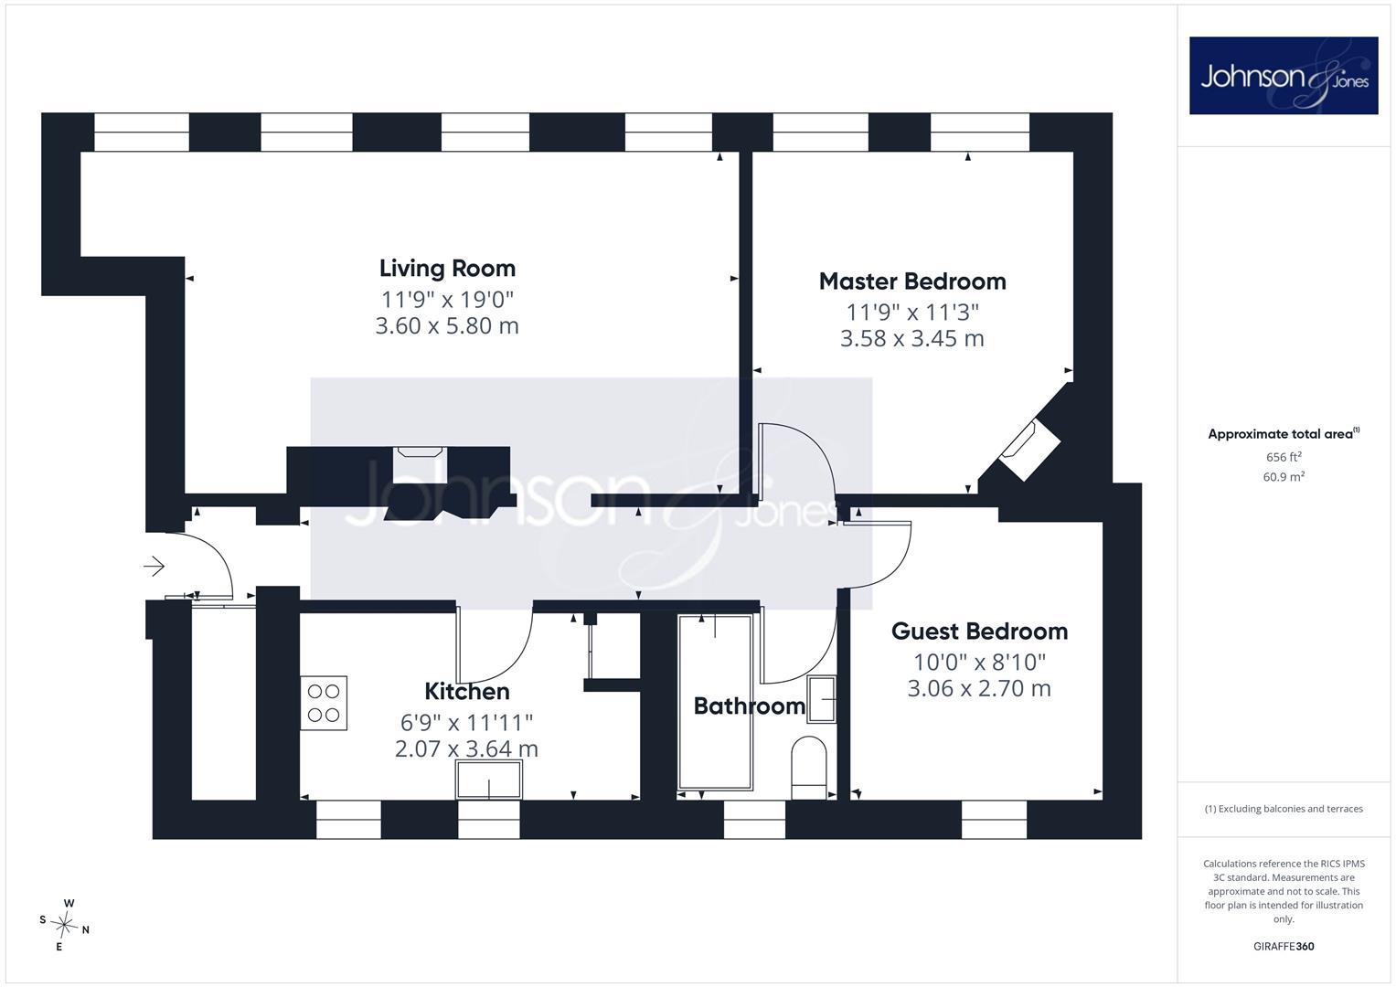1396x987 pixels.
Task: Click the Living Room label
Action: click(x=447, y=269)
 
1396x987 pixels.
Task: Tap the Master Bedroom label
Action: click(x=912, y=281)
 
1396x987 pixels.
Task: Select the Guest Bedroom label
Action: click(x=979, y=631)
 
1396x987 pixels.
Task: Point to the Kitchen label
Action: click(x=467, y=691)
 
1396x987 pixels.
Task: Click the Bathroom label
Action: click(x=749, y=706)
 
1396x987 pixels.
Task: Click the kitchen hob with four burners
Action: click(x=324, y=703)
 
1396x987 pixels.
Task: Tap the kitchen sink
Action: click(x=488, y=780)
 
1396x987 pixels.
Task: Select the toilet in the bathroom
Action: click(x=809, y=768)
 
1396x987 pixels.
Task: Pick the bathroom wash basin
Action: click(x=822, y=699)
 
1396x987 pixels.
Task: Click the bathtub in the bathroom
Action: click(x=715, y=703)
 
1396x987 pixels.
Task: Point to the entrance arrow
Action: click(x=154, y=567)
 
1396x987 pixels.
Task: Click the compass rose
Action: click(x=64, y=925)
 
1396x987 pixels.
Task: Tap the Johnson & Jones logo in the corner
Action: click(x=1284, y=75)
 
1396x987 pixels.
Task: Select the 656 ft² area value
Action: click(x=1284, y=457)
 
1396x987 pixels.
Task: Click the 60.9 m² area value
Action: click(x=1284, y=477)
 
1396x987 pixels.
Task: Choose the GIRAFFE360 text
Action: click(x=1284, y=947)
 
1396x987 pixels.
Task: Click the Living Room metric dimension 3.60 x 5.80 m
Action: click(x=447, y=326)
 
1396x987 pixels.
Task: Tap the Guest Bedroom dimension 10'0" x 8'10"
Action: click(x=979, y=662)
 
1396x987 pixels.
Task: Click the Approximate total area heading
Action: click(x=1284, y=434)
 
